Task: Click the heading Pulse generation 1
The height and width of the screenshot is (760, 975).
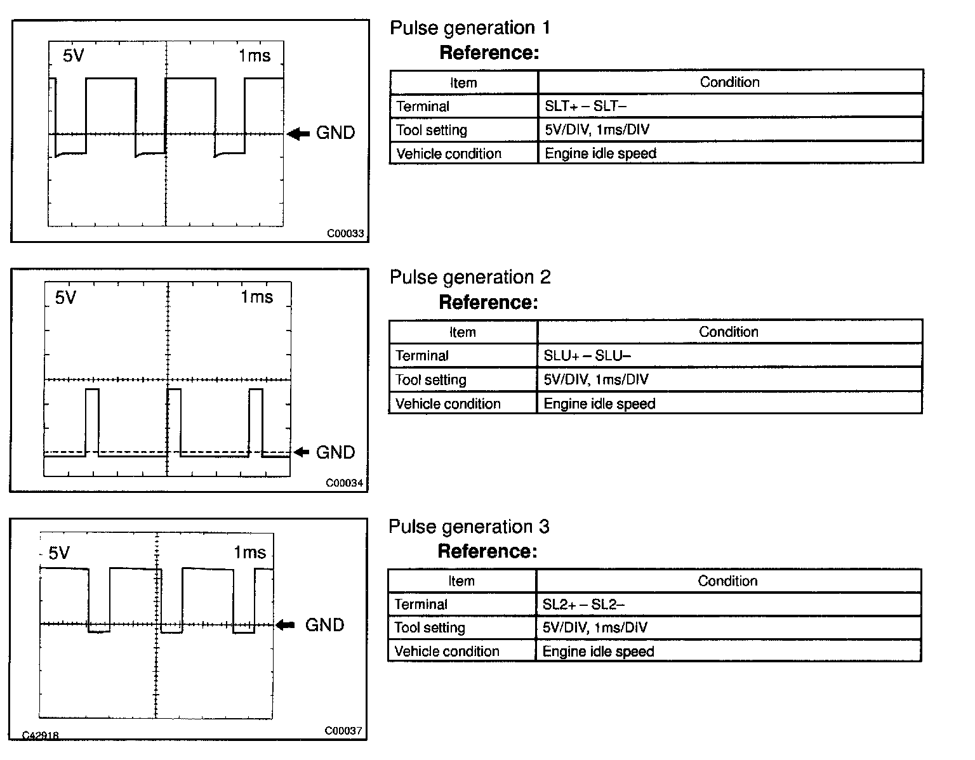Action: (x=470, y=28)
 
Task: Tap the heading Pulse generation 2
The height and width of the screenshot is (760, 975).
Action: (x=470, y=277)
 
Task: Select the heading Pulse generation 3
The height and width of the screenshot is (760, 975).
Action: (x=468, y=527)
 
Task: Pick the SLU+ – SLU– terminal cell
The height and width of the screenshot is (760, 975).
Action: (x=587, y=356)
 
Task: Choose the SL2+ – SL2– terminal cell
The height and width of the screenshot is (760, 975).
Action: (x=583, y=605)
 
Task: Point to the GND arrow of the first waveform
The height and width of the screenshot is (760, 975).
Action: (x=298, y=134)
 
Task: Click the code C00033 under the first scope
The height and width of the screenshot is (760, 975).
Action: (x=345, y=233)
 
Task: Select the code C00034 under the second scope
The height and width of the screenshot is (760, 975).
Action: (x=345, y=483)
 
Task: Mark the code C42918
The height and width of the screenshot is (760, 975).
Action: (x=41, y=735)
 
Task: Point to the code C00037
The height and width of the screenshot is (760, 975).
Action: (x=343, y=731)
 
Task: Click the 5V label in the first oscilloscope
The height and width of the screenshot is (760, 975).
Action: (x=73, y=56)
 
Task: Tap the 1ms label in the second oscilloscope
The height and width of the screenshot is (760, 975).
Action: (x=256, y=297)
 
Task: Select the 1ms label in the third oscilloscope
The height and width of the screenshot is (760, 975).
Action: (x=249, y=553)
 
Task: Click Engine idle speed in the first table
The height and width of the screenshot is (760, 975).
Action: (x=600, y=154)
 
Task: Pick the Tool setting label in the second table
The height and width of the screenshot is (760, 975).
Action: (x=431, y=380)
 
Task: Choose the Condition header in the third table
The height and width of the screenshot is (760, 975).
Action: (x=727, y=581)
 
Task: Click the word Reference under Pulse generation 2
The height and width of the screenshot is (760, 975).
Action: (x=488, y=303)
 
